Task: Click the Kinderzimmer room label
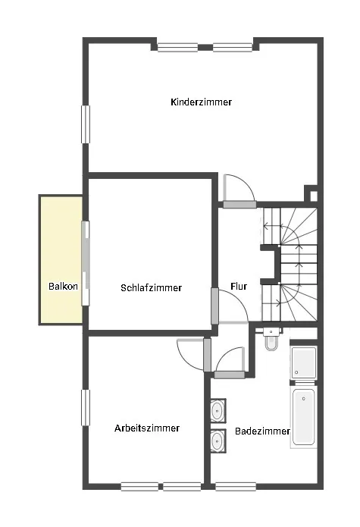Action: click(x=201, y=102)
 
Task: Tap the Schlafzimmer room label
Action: click(x=151, y=287)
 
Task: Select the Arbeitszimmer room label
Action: click(x=147, y=428)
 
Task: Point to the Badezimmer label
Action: click(x=262, y=431)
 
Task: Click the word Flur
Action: click(x=239, y=287)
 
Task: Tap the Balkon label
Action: click(x=63, y=287)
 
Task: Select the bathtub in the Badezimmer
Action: click(x=304, y=417)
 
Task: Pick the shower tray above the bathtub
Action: click(x=304, y=362)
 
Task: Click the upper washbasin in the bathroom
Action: click(x=218, y=410)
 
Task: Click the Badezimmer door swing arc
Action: click(x=224, y=354)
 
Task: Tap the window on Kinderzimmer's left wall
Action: click(x=86, y=124)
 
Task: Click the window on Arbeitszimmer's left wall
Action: click(x=86, y=407)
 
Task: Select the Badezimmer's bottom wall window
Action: click(x=236, y=486)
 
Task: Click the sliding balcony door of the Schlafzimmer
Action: click(x=86, y=263)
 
